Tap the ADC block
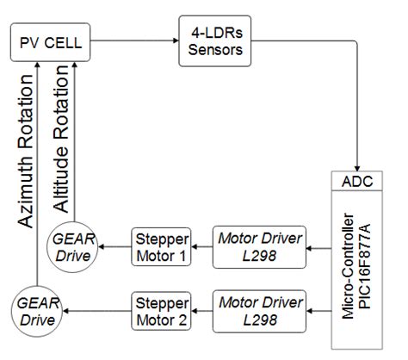358,183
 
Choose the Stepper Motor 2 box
162,310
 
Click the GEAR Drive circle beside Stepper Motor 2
36,311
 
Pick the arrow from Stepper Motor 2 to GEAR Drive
95,311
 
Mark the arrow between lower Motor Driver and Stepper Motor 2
203,311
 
